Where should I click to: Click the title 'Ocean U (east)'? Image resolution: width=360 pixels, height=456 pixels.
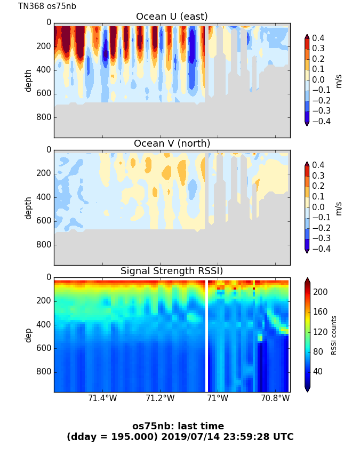pos(172,17)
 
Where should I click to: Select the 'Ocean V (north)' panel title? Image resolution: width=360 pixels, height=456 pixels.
pos(172,143)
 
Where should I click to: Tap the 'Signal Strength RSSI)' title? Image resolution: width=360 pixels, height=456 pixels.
pos(172,271)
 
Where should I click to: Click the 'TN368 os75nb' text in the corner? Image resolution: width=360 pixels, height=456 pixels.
pos(47,6)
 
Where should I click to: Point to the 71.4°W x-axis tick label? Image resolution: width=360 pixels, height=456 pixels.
pos(102,398)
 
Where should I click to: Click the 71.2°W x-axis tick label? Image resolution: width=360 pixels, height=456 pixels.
pos(160,398)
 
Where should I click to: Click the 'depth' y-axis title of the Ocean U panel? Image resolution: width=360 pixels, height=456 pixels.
pos(28,81)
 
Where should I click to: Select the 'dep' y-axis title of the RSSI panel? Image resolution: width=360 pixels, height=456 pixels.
pos(28,335)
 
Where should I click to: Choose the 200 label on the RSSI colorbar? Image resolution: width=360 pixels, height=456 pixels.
pos(321,292)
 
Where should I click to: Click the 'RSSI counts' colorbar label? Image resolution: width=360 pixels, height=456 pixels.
pos(334,335)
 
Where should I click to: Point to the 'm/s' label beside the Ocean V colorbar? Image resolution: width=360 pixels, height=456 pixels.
pos(338,208)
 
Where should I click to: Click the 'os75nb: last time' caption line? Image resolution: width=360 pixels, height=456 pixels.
pos(178,426)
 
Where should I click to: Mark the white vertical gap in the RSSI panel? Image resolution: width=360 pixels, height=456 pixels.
pos(206,335)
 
